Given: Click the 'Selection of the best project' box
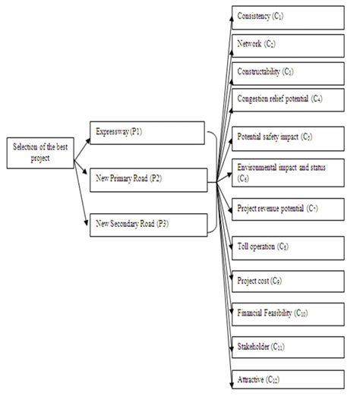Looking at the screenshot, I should pos(38,150).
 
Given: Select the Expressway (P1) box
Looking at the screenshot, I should pos(148,134).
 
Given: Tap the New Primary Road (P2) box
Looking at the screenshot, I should pos(148,180).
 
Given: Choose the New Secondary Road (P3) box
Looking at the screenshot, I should pos(148,224).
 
